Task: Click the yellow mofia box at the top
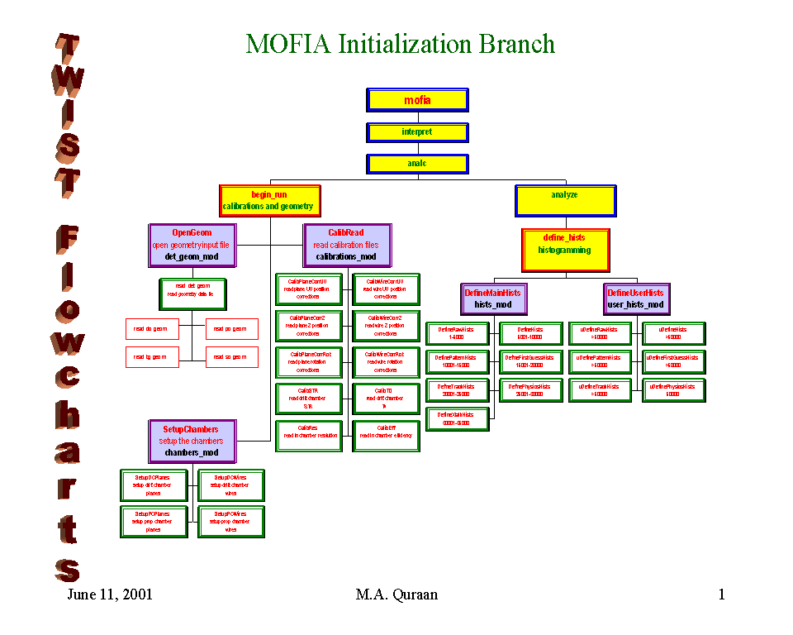pyautogui.click(x=417, y=100)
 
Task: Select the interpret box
pyautogui.click(x=417, y=132)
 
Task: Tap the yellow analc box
pyautogui.click(x=417, y=164)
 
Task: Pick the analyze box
pyautogui.click(x=565, y=201)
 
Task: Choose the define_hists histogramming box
pyautogui.click(x=565, y=250)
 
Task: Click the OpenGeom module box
pyautogui.click(x=192, y=245)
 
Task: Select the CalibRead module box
pyautogui.click(x=347, y=245)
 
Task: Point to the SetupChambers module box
pyautogui.click(x=191, y=441)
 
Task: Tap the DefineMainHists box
pyautogui.click(x=493, y=298)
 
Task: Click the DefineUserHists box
pyautogui.click(x=635, y=298)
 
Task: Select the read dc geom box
pyautogui.click(x=151, y=329)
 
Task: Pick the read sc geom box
pyautogui.click(x=231, y=356)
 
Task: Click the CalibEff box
pyautogui.click(x=386, y=436)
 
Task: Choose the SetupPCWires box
pyautogui.click(x=231, y=522)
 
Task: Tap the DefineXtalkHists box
pyautogui.click(x=456, y=418)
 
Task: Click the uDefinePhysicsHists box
pyautogui.click(x=673, y=390)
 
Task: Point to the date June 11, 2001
pyautogui.click(x=110, y=594)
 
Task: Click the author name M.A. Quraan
pyautogui.click(x=396, y=594)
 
